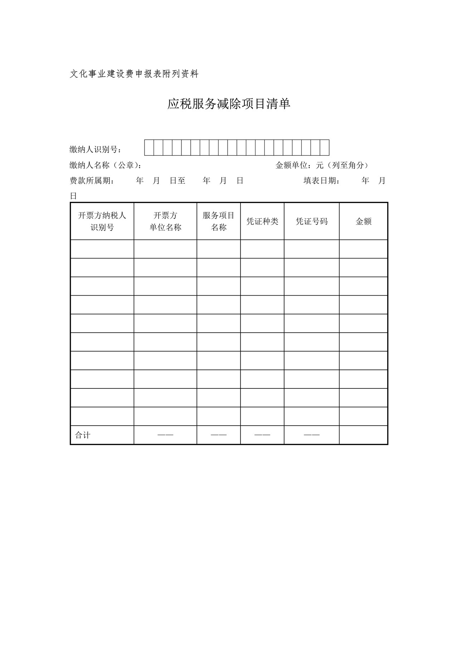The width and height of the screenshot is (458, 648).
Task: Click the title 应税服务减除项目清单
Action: tap(229, 104)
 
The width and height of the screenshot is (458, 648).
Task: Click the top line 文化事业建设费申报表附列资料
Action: tap(134, 74)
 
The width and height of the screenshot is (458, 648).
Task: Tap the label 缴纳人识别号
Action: tap(96, 150)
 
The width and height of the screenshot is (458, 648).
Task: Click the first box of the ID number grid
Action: tap(149, 148)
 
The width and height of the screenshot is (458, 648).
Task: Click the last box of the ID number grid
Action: tap(324, 148)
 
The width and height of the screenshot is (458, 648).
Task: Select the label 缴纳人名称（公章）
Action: tap(106, 165)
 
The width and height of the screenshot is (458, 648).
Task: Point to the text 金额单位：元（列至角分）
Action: tap(322, 165)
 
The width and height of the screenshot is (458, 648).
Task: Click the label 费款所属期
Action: tap(92, 181)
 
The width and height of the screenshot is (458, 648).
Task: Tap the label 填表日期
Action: tap(322, 181)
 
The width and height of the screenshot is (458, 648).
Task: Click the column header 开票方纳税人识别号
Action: tap(102, 221)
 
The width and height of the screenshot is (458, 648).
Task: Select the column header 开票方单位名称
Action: tap(165, 221)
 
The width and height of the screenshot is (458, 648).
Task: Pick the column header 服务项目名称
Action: tap(219, 221)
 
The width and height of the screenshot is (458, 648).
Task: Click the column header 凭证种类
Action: tap(262, 221)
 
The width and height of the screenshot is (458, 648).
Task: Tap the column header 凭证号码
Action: tap(312, 221)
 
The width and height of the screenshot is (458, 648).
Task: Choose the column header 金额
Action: tap(364, 221)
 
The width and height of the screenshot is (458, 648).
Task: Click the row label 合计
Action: tap(83, 435)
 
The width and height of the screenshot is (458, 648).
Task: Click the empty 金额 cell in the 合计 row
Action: tap(364, 435)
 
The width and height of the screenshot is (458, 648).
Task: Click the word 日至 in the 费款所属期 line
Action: tap(177, 181)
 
